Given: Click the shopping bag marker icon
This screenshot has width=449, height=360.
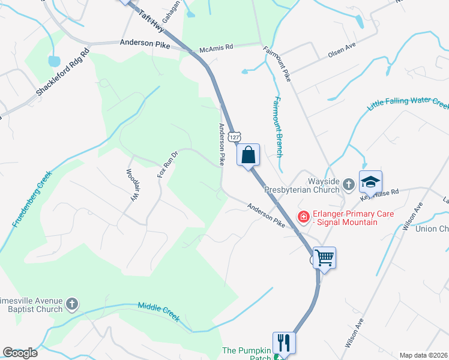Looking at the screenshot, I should click(x=248, y=155).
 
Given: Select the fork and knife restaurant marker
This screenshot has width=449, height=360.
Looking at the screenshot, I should click(x=284, y=344).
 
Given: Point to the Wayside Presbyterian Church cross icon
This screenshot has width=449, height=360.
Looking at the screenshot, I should click(x=349, y=182).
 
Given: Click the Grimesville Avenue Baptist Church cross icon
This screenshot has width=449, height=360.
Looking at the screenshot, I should click(x=71, y=304).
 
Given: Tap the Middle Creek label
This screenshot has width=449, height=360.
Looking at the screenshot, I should click(x=158, y=312).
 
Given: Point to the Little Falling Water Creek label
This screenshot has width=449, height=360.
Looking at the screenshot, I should click(x=408, y=105).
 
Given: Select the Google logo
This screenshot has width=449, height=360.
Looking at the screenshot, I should click(x=20, y=353).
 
